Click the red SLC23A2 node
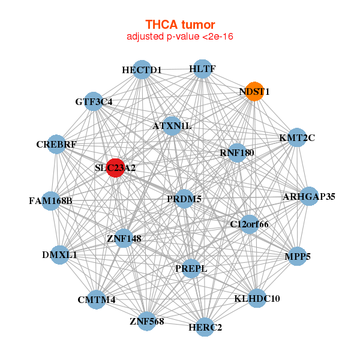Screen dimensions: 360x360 pyautogui.click(x=115, y=169)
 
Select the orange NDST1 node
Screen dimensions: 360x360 pyautogui.click(x=254, y=92)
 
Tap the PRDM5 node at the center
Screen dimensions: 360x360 pyautogui.click(x=184, y=199)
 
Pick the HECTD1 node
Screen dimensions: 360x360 pyautogui.click(x=142, y=70)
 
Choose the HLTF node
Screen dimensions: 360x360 pyautogui.click(x=202, y=69)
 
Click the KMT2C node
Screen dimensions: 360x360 pyautogui.click(x=297, y=137)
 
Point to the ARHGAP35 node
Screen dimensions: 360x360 pyautogui.click(x=308, y=196)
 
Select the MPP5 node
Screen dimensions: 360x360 pyautogui.click(x=298, y=256)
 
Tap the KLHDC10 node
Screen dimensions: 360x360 pyautogui.click(x=256, y=298)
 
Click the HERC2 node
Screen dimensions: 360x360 pyautogui.click(x=205, y=327)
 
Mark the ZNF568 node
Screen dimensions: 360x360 pyautogui.click(x=146, y=321)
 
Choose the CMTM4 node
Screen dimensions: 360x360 pyautogui.click(x=97, y=299)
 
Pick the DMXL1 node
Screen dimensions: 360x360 pyautogui.click(x=60, y=255)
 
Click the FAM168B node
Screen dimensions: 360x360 pyautogui.click(x=50, y=200)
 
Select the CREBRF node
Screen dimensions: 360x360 pyautogui.click(x=56, y=145)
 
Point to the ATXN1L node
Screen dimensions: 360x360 pyautogui.click(x=172, y=126)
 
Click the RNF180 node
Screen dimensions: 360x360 pyautogui.click(x=237, y=153)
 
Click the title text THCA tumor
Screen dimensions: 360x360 pyautogui.click(x=180, y=25)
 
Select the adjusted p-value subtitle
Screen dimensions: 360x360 pyautogui.click(x=180, y=37)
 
